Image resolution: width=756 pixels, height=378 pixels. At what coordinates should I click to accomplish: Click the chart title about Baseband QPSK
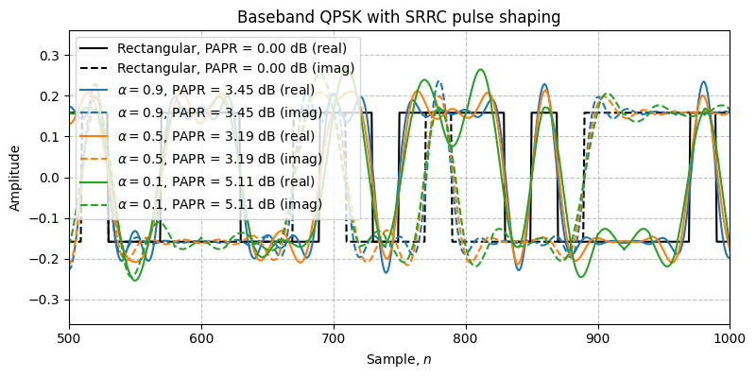point(399,17)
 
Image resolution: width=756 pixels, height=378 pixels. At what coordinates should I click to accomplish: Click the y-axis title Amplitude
point(16,178)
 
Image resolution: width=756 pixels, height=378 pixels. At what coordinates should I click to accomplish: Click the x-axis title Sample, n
point(399,360)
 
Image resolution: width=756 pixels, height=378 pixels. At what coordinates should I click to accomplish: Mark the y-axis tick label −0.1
point(44,218)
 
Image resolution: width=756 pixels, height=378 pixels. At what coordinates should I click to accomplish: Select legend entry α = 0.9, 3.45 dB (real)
point(217,91)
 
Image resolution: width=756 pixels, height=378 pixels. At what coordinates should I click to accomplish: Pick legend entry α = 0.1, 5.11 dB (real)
point(217,178)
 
